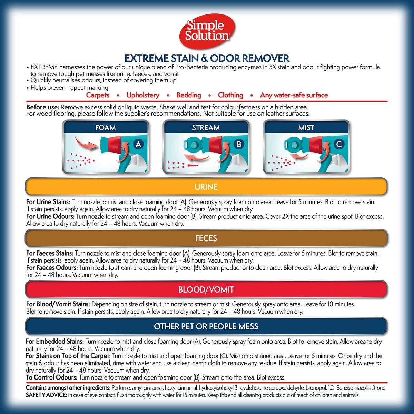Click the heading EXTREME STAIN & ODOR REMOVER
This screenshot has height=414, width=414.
[x=207, y=58]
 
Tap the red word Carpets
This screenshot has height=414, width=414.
[x=98, y=95]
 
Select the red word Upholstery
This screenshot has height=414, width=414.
[x=143, y=95]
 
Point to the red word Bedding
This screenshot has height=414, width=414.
[x=189, y=95]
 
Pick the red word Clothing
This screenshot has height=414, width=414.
[x=230, y=95]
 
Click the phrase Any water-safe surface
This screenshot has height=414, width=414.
[x=294, y=95]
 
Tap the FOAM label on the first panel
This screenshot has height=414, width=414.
[x=106, y=128]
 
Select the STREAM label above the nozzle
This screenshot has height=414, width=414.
[x=206, y=128]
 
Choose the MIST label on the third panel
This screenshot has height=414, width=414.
[x=306, y=128]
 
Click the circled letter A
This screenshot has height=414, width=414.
[x=138, y=144]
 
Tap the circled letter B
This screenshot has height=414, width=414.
[x=239, y=144]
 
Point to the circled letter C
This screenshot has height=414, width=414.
[x=339, y=144]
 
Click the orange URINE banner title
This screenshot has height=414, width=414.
[x=206, y=187]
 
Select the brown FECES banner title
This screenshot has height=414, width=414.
[x=206, y=238]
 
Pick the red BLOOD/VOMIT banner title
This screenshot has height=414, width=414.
[x=206, y=289]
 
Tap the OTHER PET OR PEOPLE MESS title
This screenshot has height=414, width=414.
[x=206, y=326]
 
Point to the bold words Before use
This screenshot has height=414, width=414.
[x=42, y=107]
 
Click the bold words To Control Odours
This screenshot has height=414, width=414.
[x=51, y=377]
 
